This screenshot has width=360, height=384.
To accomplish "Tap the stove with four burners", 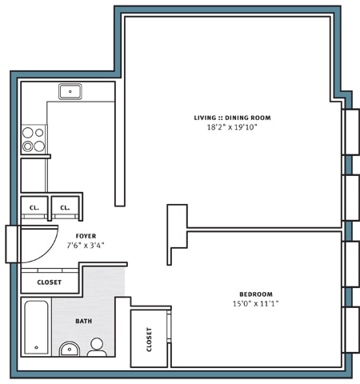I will (34, 139).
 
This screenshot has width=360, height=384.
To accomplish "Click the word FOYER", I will (86, 236).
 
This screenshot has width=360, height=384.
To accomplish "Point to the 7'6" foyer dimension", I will (74, 246).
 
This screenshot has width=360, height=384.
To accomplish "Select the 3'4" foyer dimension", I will (98, 246).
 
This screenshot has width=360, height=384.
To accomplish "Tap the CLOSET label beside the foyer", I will (49, 282).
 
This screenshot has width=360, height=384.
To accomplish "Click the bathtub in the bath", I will (37, 326).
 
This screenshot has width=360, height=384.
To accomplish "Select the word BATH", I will (83, 322).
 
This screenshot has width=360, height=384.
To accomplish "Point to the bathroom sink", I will (70, 349).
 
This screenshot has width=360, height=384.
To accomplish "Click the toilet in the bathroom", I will (97, 347).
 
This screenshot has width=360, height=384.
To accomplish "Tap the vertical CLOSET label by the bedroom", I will (150, 339).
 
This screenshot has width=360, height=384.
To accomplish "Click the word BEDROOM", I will (256, 294).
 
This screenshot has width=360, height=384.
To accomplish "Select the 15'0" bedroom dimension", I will (243, 304).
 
